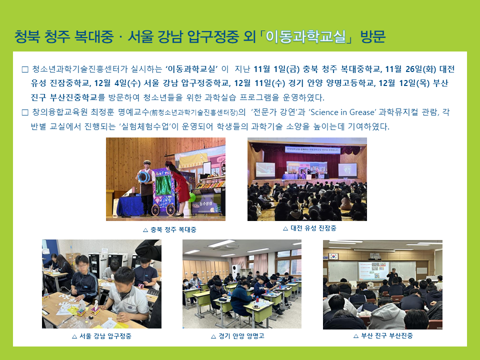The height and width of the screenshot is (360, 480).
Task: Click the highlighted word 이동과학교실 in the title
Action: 305,37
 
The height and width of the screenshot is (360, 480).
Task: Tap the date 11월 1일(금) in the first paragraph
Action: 276,69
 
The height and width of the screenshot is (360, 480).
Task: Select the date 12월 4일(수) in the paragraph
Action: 117,83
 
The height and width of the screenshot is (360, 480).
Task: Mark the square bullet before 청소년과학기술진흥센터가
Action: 25,69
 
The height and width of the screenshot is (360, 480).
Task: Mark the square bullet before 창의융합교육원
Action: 25,112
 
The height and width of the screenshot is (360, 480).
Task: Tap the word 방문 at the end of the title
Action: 372,37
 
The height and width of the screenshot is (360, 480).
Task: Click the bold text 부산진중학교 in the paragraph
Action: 73,97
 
